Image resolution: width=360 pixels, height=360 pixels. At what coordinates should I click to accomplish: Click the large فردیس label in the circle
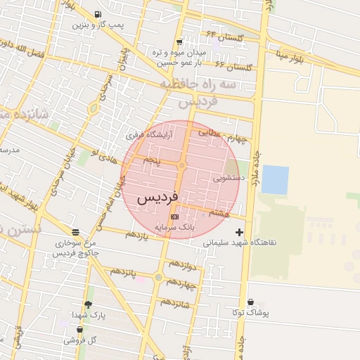pyautogui.click(x=157, y=198)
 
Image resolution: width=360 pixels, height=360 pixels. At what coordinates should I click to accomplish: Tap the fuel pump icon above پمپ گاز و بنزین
pyautogui.click(x=96, y=14)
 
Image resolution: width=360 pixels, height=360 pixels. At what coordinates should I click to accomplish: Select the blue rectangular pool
pyautogui.click(x=275, y=179)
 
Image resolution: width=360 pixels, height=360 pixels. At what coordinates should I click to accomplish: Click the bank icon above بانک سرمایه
pyautogui.click(x=174, y=217)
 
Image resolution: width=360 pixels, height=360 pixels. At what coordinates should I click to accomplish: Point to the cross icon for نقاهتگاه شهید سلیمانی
pyautogui.click(x=240, y=231)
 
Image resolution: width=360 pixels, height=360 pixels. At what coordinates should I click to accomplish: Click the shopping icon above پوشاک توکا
pyautogui.click(x=250, y=302)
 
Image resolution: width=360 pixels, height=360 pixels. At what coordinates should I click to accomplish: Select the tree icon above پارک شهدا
pyautogui.click(x=88, y=304)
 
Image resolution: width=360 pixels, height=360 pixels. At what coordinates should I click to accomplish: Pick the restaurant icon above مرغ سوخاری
pyautogui.click(x=75, y=232)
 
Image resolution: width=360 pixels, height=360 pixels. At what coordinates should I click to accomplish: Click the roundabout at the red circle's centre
pyautogui.click(x=181, y=166)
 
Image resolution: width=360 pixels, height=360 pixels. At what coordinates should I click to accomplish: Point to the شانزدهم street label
pyautogui.click(x=176, y=303)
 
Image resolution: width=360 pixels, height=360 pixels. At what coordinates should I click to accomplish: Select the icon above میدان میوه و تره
pyautogui.click(x=179, y=41)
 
